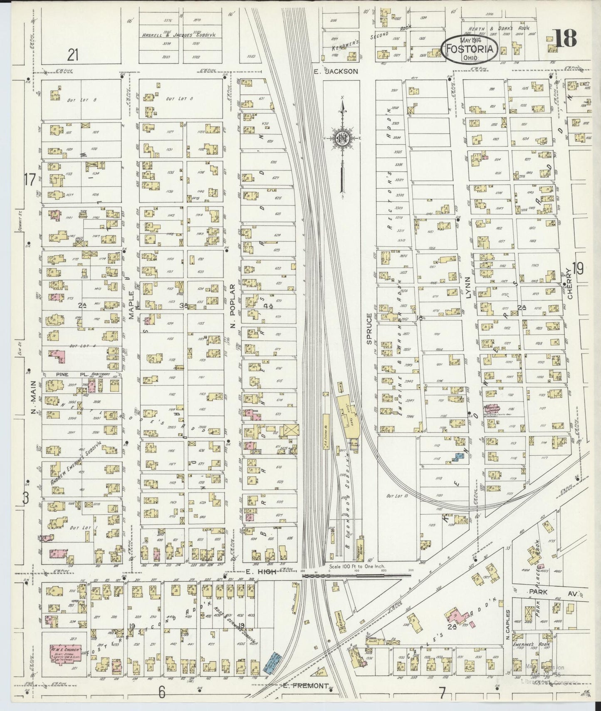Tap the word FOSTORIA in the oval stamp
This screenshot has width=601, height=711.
coord(470,49)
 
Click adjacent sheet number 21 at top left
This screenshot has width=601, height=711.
coord(74,54)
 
